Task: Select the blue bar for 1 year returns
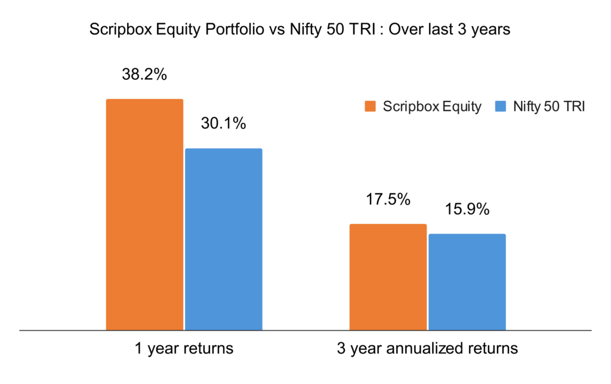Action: pos(224,239)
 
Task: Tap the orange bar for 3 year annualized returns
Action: pos(388,277)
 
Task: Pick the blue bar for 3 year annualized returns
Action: pos(467,281)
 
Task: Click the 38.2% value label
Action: pos(144,76)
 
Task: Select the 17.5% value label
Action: pos(388,199)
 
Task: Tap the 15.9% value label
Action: pos(467,210)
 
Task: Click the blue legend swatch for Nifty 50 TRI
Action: pos(501,107)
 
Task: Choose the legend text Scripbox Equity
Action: pos(432,107)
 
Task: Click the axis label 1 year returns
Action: pos(184,348)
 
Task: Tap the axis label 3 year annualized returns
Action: pos(427,348)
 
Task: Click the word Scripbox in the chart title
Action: pos(115,29)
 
